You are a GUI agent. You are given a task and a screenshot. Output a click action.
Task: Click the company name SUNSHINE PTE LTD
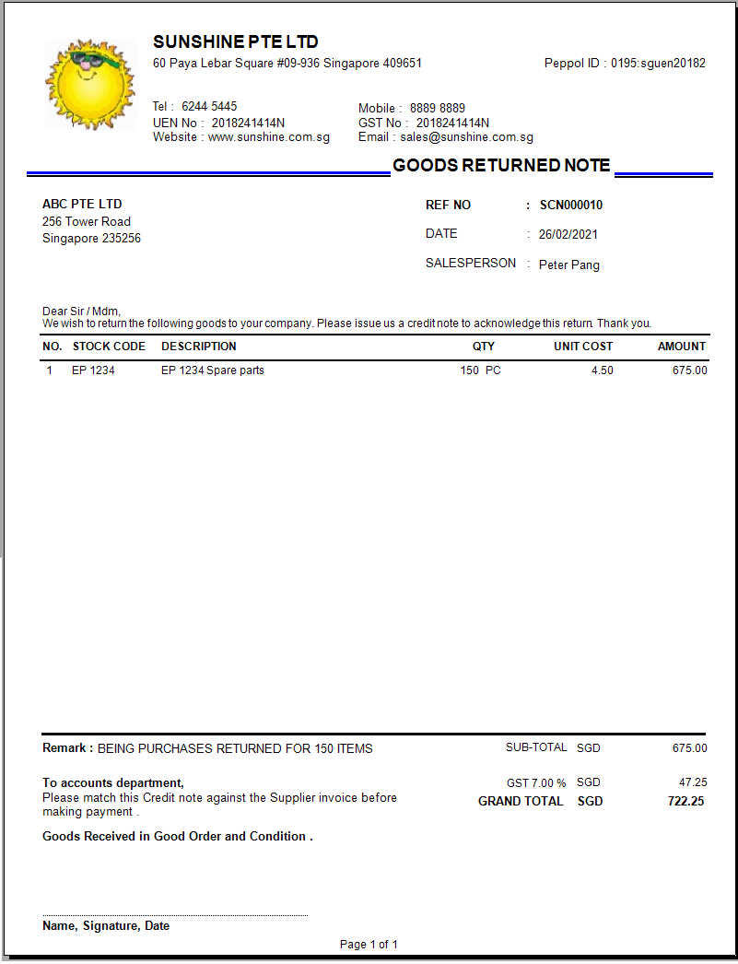point(236,42)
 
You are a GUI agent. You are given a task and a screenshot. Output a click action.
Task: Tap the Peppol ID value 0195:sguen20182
point(658,64)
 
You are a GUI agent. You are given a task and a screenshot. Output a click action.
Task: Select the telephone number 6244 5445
point(209,106)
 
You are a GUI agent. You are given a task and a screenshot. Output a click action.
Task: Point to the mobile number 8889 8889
point(438,108)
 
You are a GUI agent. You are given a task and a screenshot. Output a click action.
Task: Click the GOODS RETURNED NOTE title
point(501,166)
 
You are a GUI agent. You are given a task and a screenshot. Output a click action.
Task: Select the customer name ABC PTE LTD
point(82,204)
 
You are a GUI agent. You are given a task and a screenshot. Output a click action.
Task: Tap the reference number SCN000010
point(571,206)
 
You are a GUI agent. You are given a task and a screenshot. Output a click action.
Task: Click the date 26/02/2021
point(568,235)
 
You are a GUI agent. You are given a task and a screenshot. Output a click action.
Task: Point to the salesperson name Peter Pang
point(569,265)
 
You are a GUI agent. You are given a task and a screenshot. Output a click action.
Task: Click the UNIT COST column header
point(583,347)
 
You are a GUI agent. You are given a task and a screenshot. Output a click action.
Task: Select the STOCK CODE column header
point(109,347)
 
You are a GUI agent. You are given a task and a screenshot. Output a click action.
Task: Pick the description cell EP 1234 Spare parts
point(213,370)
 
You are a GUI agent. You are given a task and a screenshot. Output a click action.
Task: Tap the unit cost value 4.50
point(602,370)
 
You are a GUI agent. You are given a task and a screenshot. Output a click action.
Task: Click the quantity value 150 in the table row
point(470,370)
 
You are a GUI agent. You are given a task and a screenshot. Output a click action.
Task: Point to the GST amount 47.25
point(693,782)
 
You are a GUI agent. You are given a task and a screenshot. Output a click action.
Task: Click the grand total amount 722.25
point(685,802)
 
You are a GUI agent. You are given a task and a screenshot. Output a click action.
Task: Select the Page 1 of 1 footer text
point(369,945)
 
